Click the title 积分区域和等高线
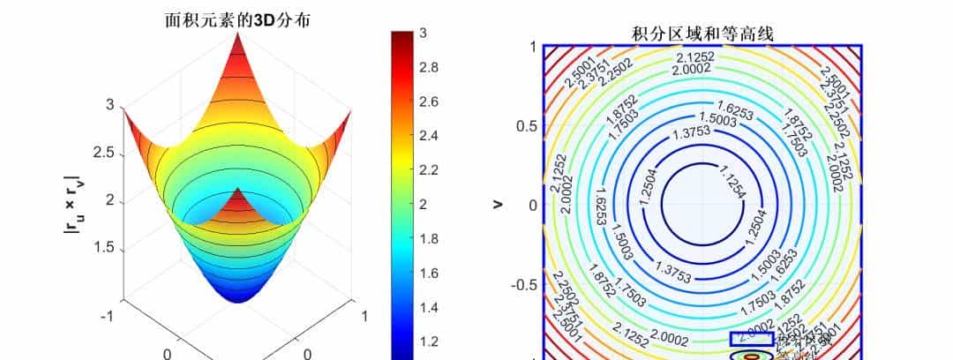point(702,34)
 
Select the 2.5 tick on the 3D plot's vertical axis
point(104,153)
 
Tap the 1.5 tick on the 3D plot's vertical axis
point(104,248)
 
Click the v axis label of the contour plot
point(499,205)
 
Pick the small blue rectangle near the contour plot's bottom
point(751,338)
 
